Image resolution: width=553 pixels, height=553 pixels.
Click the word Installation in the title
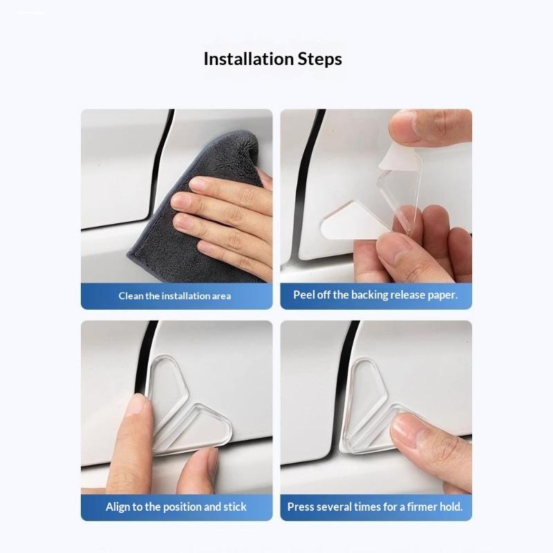pyautogui.click(x=249, y=59)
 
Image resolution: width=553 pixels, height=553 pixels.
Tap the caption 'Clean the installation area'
pyautogui.click(x=175, y=296)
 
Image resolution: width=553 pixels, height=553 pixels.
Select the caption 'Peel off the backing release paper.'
pyautogui.click(x=375, y=295)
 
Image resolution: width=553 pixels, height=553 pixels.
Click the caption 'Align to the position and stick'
pyautogui.click(x=176, y=507)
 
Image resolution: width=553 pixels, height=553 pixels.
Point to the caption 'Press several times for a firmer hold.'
pyautogui.click(x=375, y=507)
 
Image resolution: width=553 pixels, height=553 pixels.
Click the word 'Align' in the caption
pyautogui.click(x=118, y=507)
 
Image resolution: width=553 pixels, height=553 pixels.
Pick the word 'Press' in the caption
pyautogui.click(x=299, y=507)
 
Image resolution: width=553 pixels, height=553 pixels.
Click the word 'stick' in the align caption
pyautogui.click(x=235, y=507)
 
